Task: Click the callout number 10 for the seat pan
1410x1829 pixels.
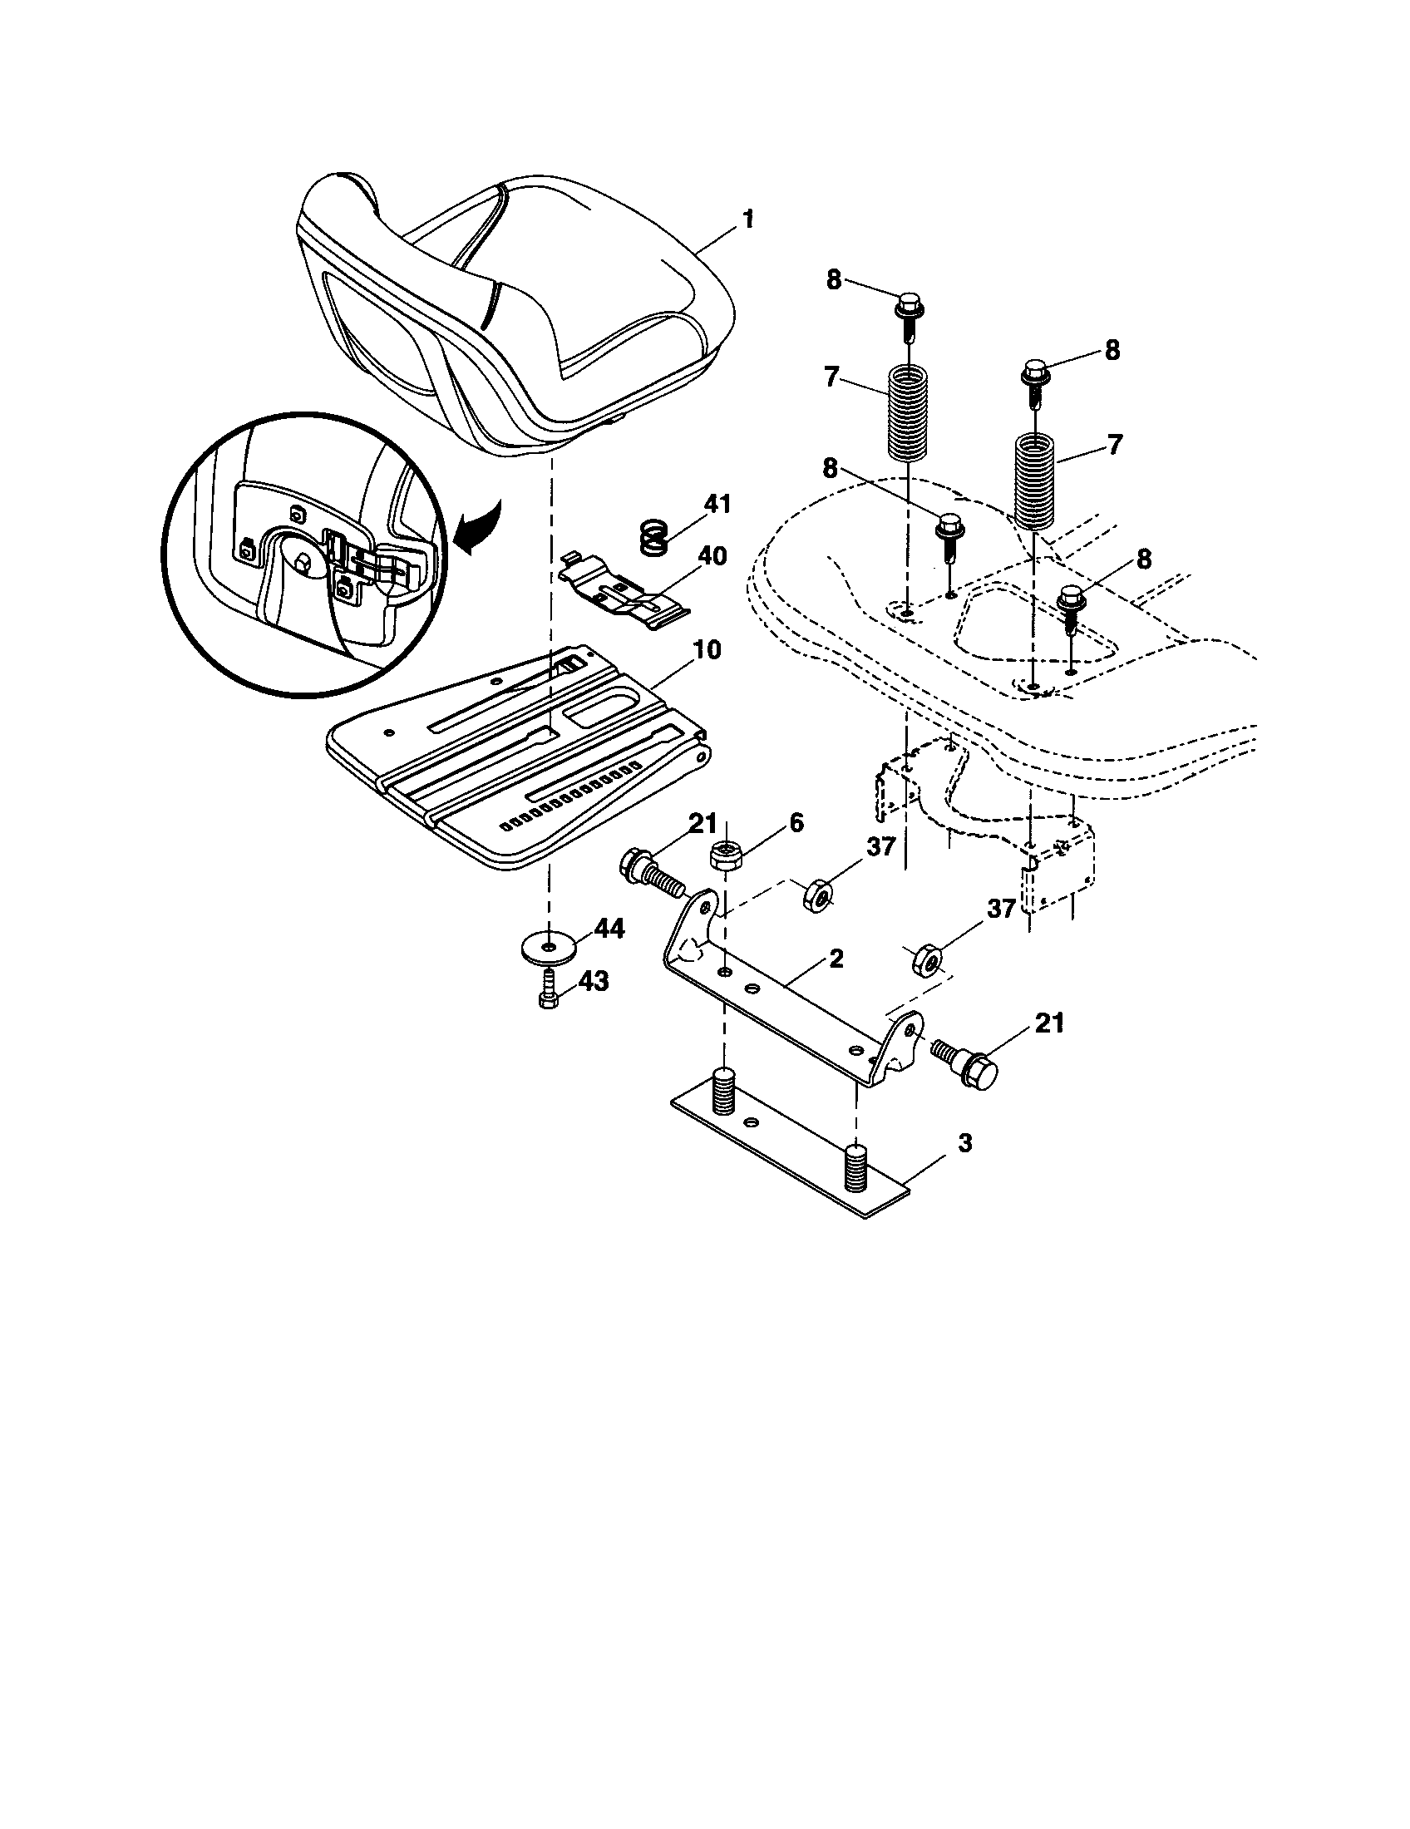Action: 707,650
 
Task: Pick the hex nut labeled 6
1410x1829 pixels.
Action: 724,855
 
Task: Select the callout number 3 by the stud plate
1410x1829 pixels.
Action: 964,1143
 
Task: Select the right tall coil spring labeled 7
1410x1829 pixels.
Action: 1036,479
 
